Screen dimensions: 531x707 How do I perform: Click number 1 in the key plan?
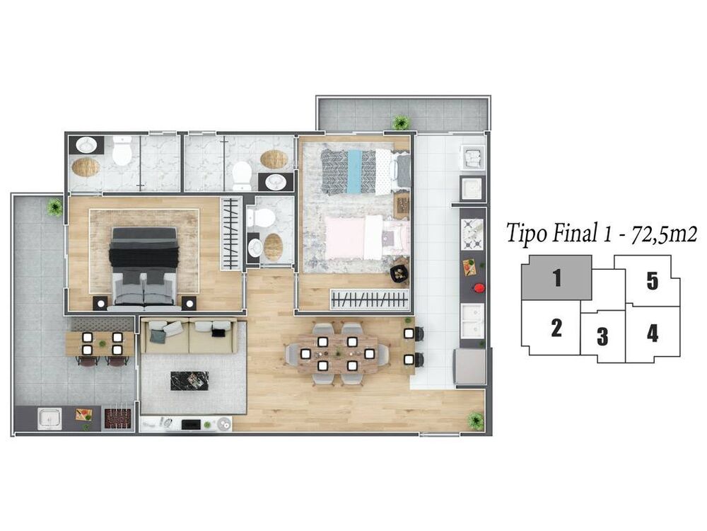[557, 278]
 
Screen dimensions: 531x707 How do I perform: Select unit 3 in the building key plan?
[602, 336]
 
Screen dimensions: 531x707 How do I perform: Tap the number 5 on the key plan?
[652, 281]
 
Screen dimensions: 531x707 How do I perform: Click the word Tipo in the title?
[527, 234]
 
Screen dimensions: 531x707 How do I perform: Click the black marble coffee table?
[189, 381]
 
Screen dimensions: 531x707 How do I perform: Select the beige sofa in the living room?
[187, 337]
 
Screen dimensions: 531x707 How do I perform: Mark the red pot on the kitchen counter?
[479, 288]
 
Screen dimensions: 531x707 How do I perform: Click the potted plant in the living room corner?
[476, 421]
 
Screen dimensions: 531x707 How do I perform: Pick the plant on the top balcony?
[402, 122]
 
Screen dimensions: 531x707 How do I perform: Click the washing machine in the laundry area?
[472, 157]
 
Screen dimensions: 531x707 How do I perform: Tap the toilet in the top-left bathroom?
[122, 151]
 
